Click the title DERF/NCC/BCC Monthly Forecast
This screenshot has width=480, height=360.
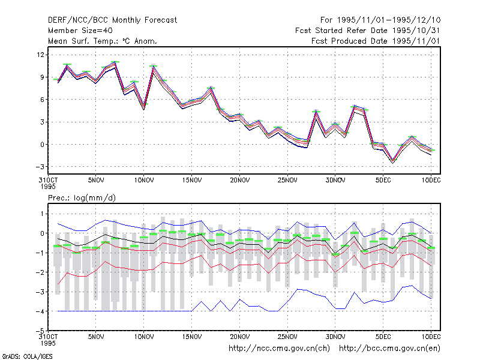point(112,20)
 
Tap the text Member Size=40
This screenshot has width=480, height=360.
point(80,31)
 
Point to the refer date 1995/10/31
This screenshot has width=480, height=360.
point(416,31)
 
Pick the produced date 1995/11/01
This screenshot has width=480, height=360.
point(416,41)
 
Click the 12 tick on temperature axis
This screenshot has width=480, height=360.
point(40,55)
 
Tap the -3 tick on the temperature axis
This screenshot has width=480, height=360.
point(40,167)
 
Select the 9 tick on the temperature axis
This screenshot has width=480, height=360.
point(42,77)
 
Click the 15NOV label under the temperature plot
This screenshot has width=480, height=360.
point(192,181)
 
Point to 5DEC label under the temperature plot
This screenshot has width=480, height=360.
point(383,181)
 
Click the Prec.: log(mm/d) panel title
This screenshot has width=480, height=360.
point(82,198)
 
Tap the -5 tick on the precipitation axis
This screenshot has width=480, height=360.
point(40,331)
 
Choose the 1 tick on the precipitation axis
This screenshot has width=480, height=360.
point(42,214)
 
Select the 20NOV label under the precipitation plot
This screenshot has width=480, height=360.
point(239,337)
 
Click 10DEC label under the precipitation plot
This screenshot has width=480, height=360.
point(431,337)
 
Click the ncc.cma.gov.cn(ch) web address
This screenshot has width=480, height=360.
point(279,349)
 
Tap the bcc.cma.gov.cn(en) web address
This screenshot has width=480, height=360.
point(389,349)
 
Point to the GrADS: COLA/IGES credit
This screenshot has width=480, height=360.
point(27,356)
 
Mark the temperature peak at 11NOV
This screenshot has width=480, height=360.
point(153,66)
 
